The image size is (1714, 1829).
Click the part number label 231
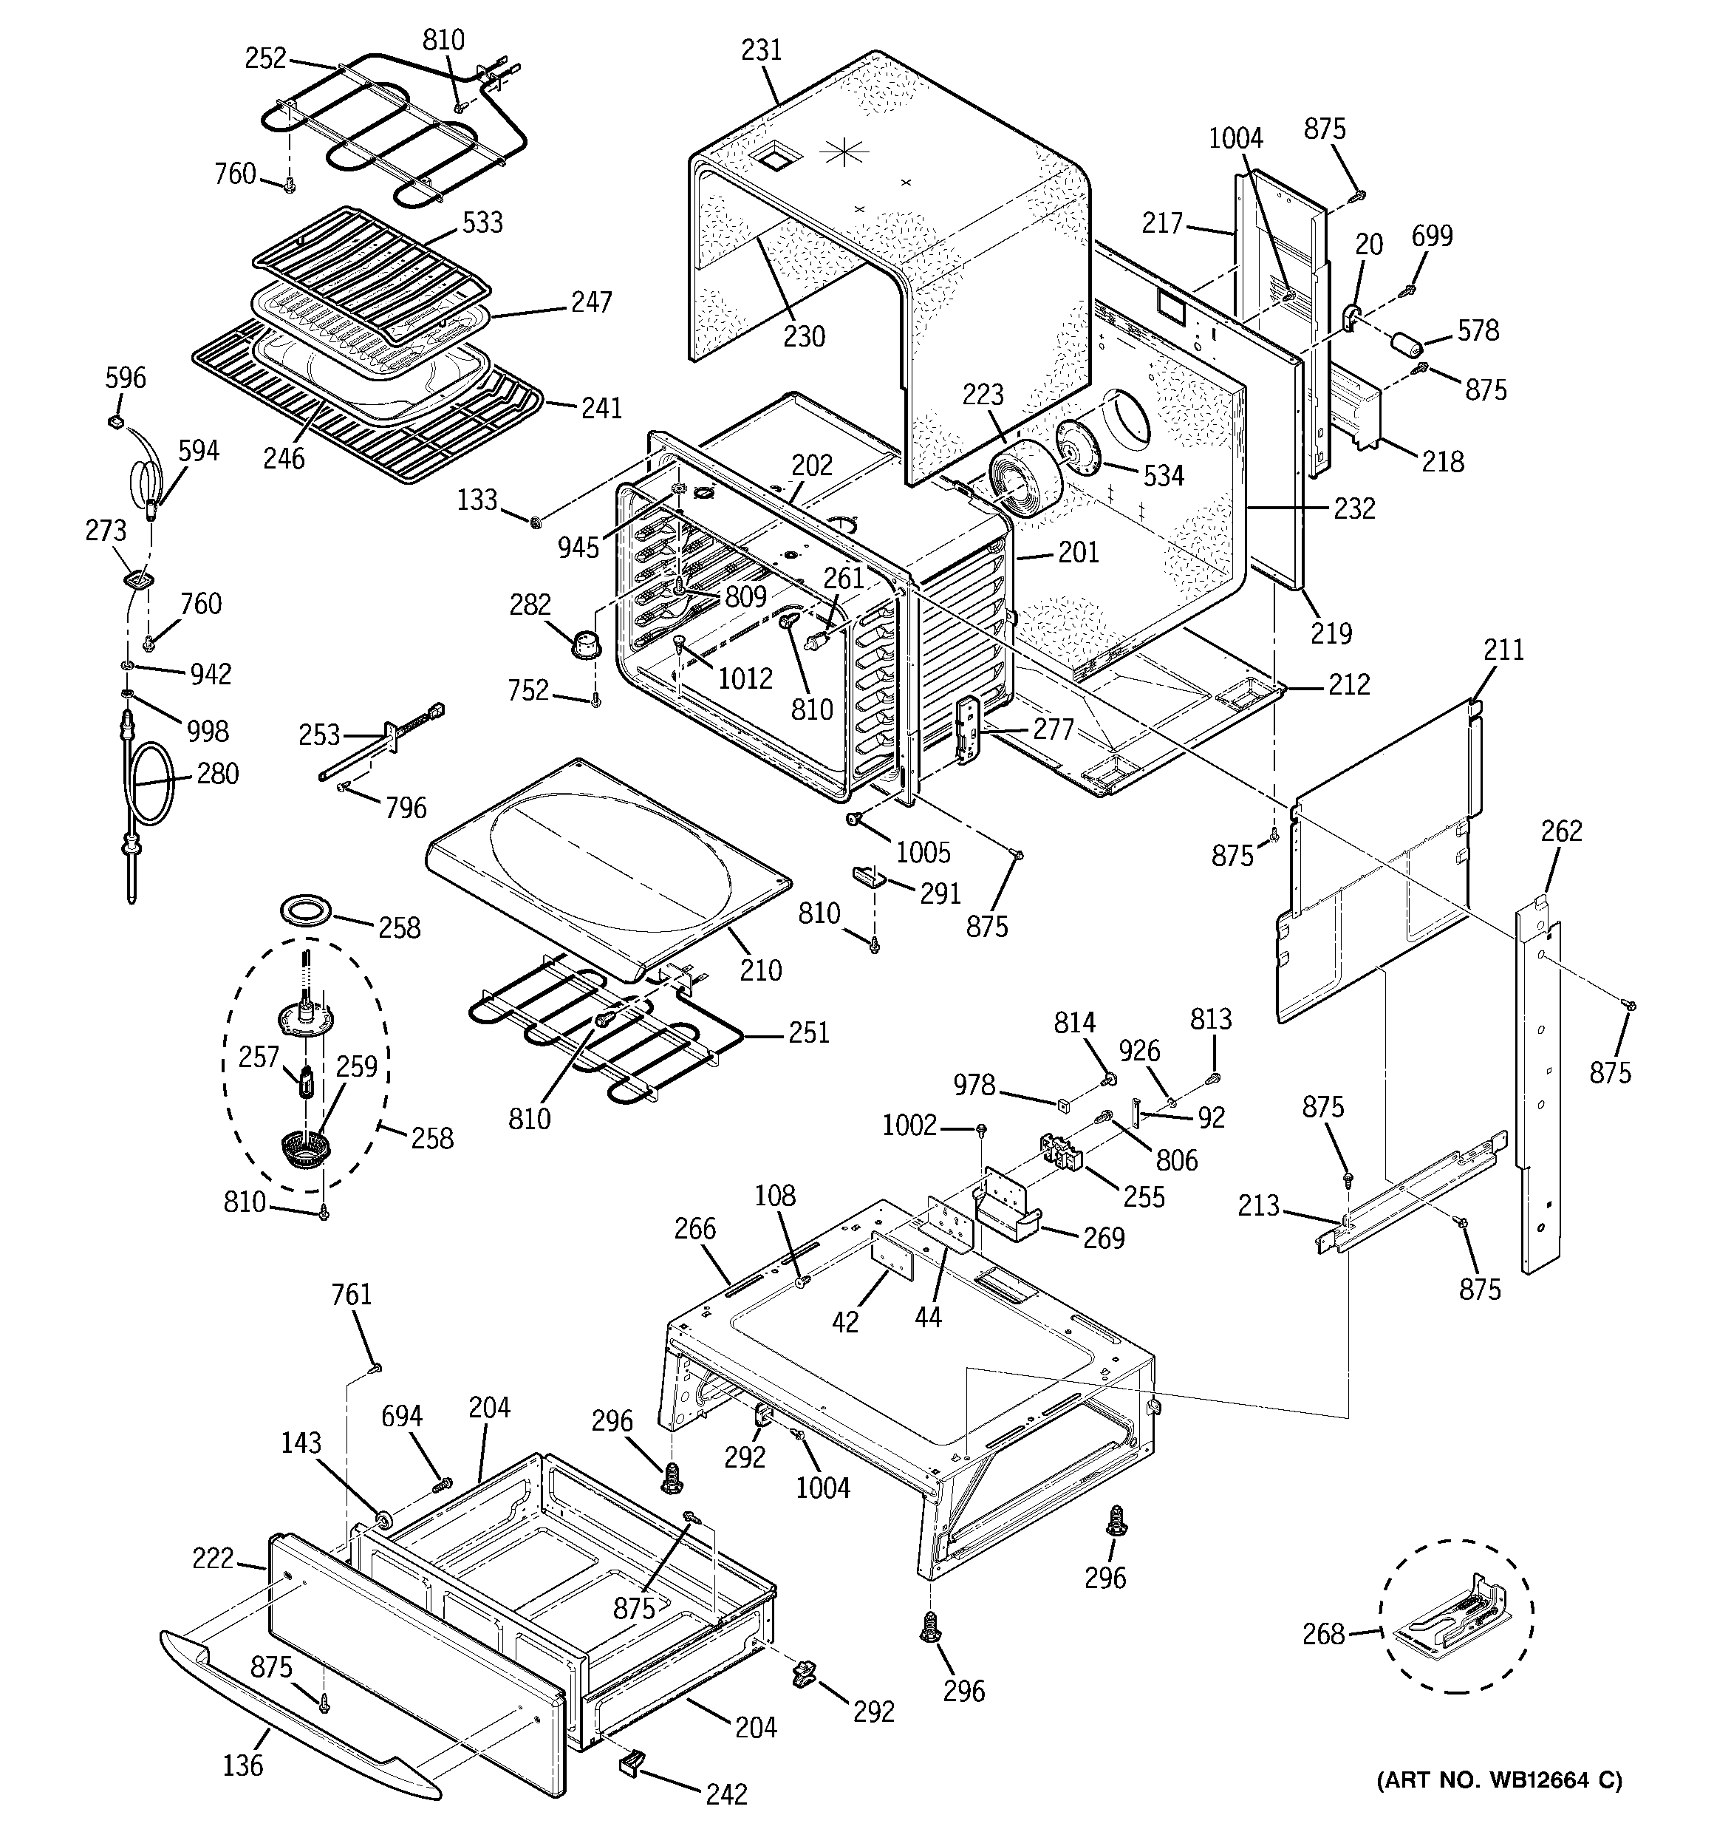point(761,50)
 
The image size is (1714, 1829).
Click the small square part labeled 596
point(116,421)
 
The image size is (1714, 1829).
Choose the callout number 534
point(1163,476)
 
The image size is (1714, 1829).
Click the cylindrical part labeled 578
point(1405,347)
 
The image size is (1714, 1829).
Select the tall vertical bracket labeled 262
point(1538,1086)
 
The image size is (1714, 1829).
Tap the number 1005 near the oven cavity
point(923,851)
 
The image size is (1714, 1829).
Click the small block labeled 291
point(869,873)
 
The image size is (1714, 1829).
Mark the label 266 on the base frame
point(694,1228)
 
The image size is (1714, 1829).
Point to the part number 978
point(974,1085)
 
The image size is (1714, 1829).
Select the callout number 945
point(578,548)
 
